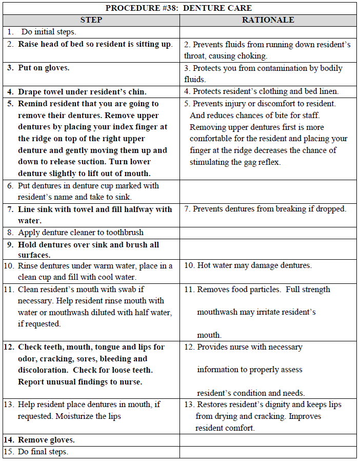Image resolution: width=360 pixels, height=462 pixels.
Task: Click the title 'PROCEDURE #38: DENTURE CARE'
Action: click(x=178, y=8)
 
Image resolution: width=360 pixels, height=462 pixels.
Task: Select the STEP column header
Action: click(x=91, y=20)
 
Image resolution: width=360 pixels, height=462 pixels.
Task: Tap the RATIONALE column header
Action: click(x=268, y=20)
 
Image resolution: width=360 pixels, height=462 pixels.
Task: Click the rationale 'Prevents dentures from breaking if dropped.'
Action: click(x=265, y=209)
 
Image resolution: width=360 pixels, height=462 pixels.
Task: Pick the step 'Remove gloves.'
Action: click(x=46, y=440)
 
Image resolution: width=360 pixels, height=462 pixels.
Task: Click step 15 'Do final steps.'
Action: click(x=43, y=452)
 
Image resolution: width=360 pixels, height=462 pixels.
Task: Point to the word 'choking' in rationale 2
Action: click(x=252, y=56)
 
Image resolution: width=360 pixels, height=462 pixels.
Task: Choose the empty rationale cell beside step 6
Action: click(x=268, y=191)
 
